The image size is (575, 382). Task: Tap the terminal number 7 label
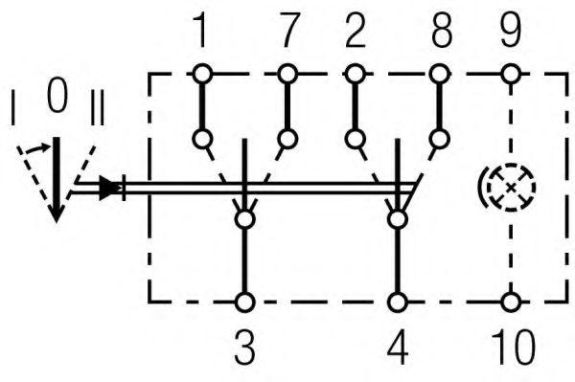coord(285,33)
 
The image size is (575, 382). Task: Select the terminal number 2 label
coord(356,33)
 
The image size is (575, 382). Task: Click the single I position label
coord(12,107)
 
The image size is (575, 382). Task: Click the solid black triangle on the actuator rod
coord(113,187)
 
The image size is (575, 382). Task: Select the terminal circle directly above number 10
coord(513,303)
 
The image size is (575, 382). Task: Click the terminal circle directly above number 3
coord(245,303)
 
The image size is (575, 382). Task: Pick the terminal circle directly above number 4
coord(396,303)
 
